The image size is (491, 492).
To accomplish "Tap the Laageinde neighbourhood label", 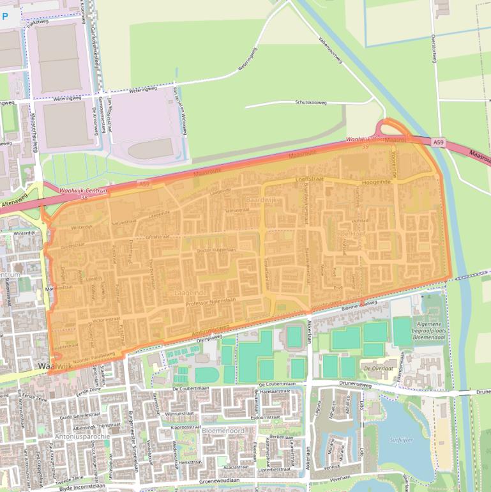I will pos(190,292).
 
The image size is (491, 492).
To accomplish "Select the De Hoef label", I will pos(351,234).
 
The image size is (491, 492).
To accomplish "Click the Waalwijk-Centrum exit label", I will pos(82,190).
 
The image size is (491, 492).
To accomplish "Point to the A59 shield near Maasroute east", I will pos(437,142).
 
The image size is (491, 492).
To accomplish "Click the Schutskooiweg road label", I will pos(311,102).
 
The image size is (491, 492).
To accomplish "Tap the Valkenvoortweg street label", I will pos(332,49).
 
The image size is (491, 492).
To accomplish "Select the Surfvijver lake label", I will pos(402,440).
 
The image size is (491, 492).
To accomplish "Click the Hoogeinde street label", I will pos(376,182).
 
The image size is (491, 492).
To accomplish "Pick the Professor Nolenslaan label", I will pos(212,300).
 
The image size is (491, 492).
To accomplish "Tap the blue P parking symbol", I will pos(5,15).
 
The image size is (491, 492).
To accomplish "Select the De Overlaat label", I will pos(377,369).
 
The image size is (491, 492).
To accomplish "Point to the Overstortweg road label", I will pos(433,49).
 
